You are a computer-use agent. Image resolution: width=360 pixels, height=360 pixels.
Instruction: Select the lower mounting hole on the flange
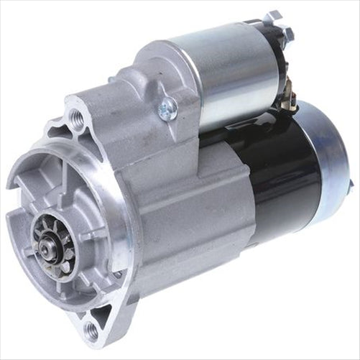(91, 331)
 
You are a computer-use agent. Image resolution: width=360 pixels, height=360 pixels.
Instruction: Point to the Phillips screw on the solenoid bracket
(168, 109)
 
